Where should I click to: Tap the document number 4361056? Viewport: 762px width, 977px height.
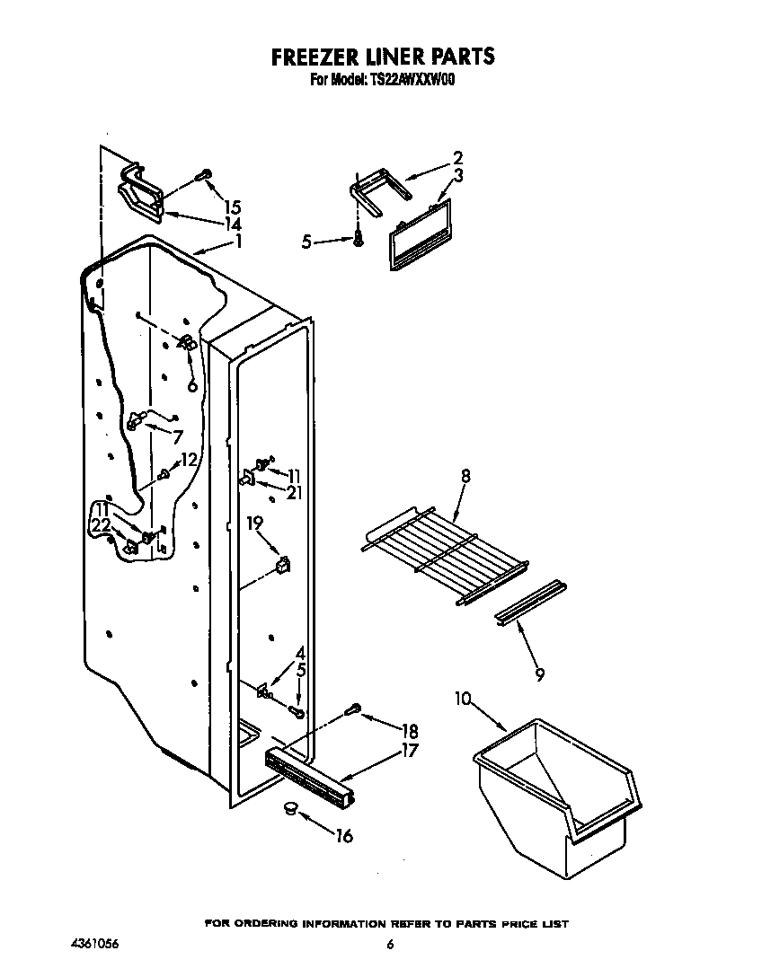click(x=94, y=945)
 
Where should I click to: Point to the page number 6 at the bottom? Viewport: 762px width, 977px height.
click(x=390, y=945)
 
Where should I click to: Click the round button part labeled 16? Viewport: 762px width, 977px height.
click(x=289, y=811)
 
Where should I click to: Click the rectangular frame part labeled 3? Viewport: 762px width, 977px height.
click(x=419, y=235)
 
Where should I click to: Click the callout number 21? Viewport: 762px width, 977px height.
click(x=294, y=491)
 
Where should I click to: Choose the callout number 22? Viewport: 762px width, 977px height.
click(x=102, y=525)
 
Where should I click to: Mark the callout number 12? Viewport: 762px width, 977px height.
click(x=188, y=460)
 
